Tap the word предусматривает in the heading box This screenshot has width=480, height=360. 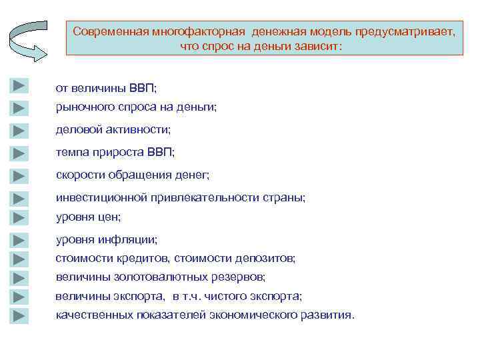click(x=405, y=32)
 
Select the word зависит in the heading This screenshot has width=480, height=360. click(x=319, y=47)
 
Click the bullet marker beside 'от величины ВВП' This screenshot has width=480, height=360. click(x=19, y=85)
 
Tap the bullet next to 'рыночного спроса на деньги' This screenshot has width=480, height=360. click(x=19, y=107)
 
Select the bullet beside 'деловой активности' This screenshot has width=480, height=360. click(x=19, y=130)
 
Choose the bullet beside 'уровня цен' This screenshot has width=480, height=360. click(x=19, y=217)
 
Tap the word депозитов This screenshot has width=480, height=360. click(x=267, y=257)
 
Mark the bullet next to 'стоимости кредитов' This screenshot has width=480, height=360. click(x=19, y=258)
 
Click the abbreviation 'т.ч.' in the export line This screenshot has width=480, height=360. click(x=201, y=295)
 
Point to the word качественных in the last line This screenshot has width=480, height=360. click(x=89, y=314)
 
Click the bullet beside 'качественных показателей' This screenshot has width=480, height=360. click(x=19, y=315)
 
